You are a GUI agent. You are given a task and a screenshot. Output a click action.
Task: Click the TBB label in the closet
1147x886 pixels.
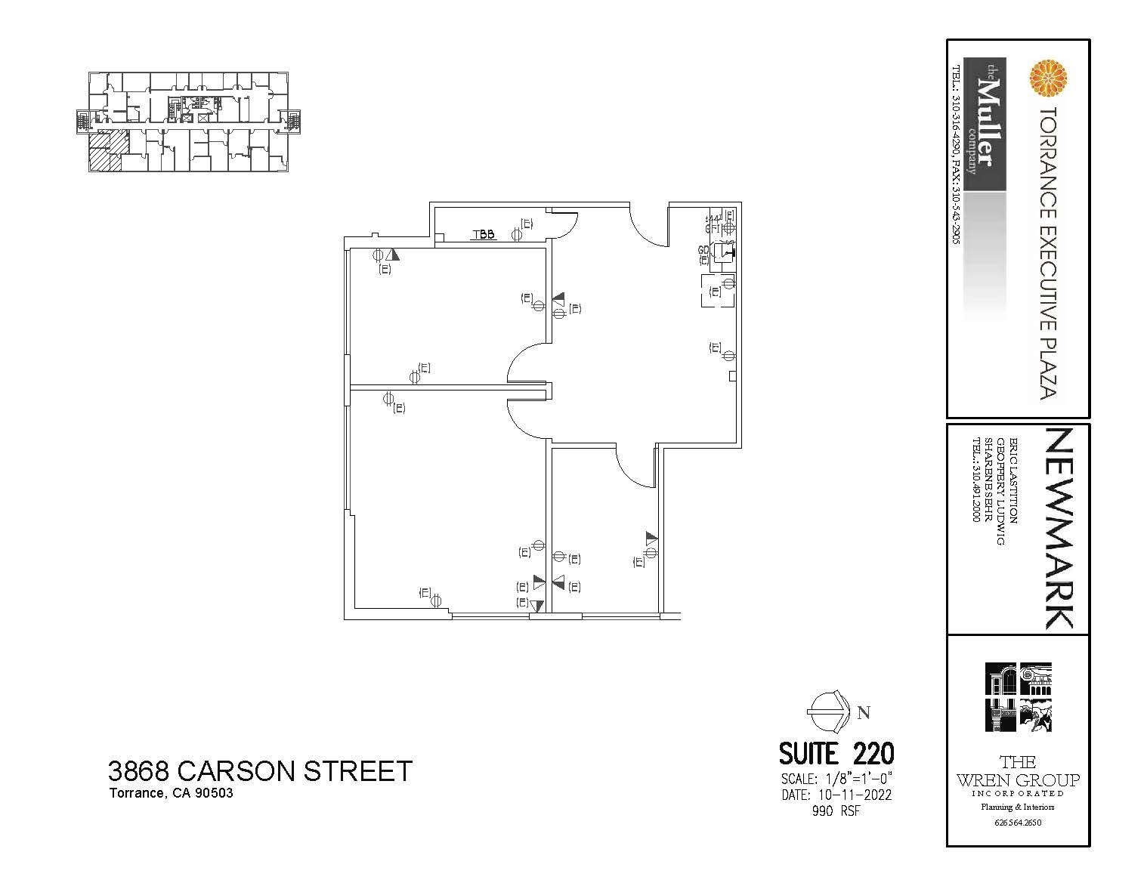[x=484, y=234]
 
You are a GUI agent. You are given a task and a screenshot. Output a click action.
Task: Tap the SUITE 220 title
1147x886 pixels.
[x=836, y=754]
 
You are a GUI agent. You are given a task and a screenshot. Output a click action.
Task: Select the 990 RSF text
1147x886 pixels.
[x=836, y=811]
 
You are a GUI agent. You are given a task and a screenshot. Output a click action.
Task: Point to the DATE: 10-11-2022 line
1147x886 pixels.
[x=836, y=795]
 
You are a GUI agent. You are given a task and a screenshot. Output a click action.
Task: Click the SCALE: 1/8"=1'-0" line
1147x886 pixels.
[x=836, y=779]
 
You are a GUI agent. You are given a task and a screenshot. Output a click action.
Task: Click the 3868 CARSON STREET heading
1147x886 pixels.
[x=260, y=771]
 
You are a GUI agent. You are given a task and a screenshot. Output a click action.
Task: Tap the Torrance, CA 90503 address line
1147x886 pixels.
[x=171, y=793]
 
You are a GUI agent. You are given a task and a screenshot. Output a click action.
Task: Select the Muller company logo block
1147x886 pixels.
[x=984, y=125]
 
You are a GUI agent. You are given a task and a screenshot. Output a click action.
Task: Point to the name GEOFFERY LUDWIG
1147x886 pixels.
[x=1001, y=491]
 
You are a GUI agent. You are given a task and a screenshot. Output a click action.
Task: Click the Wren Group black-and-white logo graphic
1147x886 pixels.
[x=1018, y=697]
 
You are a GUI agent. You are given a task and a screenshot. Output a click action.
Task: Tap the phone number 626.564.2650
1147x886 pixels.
[x=1018, y=823]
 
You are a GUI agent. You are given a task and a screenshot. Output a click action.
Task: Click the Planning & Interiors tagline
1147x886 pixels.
[x=1018, y=807]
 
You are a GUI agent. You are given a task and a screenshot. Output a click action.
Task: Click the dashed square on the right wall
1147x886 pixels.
[x=718, y=291]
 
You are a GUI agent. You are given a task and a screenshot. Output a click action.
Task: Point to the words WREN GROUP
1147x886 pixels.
[x=1018, y=779]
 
